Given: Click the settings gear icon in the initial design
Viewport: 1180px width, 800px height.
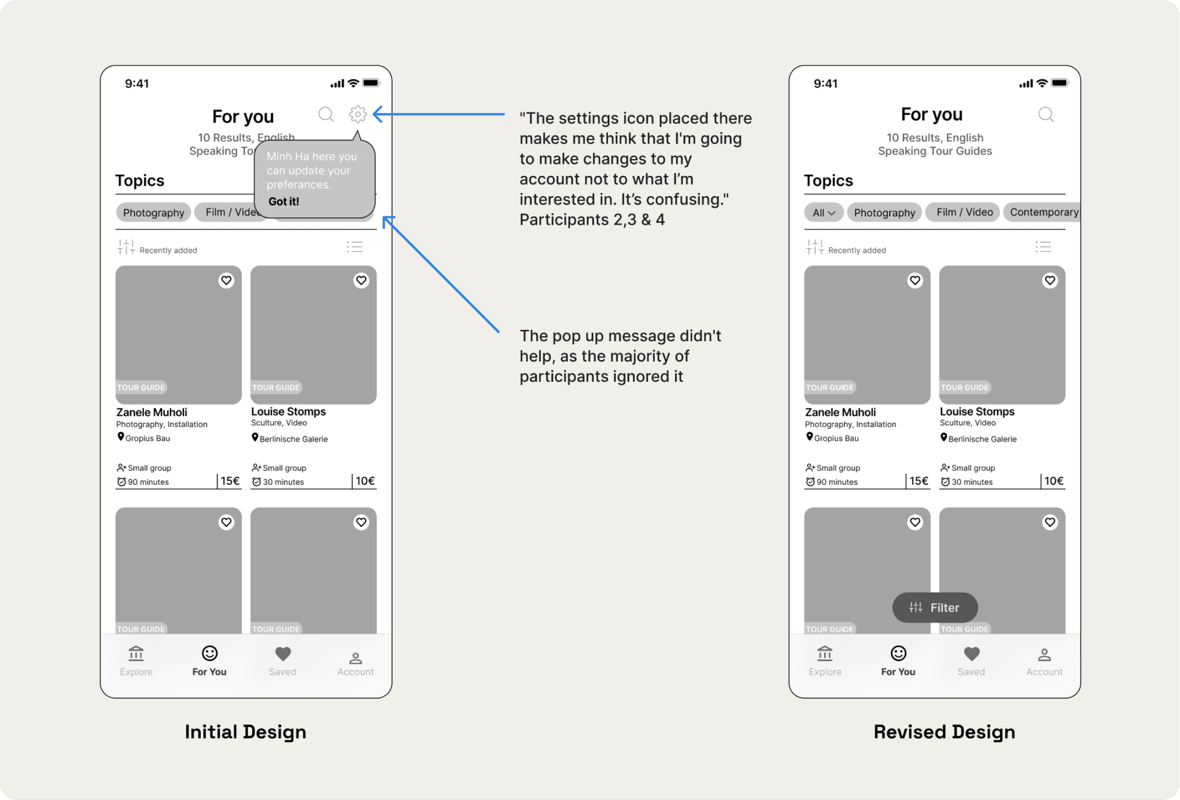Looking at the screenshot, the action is pos(358,114).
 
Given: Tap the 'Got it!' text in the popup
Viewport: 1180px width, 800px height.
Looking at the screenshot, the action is pos(283,201).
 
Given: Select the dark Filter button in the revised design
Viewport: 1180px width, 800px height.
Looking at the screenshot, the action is pos(935,607).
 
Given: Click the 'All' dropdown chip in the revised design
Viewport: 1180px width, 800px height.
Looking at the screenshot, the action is pos(824,212).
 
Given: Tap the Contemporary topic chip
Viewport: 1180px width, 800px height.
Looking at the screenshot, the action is pos(1043,212).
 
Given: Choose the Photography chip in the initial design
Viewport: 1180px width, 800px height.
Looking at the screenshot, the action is pos(153,212).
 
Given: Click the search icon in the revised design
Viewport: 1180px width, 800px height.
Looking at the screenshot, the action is pos(1046,114).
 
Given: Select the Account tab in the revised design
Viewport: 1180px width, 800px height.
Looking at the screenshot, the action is pos(1044,662).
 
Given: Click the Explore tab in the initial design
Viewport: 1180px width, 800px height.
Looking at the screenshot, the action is pos(136,661).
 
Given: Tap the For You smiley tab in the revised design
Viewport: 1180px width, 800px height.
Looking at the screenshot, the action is pos(898,661).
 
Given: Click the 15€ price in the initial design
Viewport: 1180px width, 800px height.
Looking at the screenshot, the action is pos(230,481).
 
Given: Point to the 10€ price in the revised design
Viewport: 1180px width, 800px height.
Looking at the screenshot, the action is pos(1053,481).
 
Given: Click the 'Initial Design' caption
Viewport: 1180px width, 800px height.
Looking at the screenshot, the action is pos(245,732).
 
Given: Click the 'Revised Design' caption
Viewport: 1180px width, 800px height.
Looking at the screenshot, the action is pos(944,732).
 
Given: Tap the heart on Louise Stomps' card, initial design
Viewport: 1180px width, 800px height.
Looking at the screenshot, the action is pos(362,281).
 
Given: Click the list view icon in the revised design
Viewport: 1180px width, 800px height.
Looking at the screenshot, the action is pos(1043,247).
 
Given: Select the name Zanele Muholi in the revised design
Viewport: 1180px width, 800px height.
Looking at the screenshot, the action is pos(840,412).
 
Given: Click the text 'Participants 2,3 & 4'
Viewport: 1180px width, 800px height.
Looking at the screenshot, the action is pos(592,220).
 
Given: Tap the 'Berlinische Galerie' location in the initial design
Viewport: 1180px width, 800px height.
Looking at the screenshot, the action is pos(290,438).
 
